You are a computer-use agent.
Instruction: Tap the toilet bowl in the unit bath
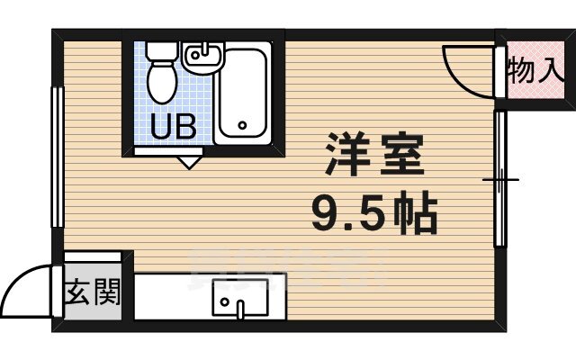[x=163, y=83]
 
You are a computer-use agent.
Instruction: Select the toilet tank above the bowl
[x=161, y=52]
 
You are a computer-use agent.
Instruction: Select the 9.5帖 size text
[x=374, y=213]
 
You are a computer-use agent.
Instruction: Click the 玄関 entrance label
[x=93, y=292]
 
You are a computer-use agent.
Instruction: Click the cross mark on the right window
[x=500, y=180]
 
